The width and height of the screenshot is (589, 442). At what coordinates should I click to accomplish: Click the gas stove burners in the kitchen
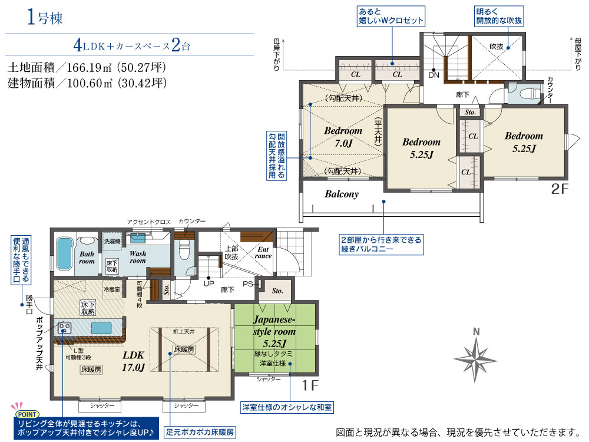click(x=65, y=328)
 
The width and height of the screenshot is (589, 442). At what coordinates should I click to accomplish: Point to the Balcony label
click(x=342, y=194)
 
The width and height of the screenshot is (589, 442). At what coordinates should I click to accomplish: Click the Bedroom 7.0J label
click(x=343, y=137)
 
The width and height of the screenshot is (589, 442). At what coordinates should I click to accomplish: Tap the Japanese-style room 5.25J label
click(x=274, y=331)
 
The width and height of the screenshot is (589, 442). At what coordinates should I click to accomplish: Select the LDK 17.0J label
click(x=133, y=361)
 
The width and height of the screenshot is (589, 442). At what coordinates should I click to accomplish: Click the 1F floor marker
click(x=310, y=385)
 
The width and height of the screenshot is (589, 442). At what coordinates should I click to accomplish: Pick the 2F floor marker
click(x=560, y=189)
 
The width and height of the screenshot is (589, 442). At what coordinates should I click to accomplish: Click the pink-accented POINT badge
click(x=27, y=414)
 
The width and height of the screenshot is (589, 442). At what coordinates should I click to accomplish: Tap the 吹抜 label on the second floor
click(x=496, y=47)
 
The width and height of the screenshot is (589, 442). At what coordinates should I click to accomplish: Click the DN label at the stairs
click(x=434, y=75)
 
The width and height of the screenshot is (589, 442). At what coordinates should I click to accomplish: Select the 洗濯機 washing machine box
click(x=112, y=242)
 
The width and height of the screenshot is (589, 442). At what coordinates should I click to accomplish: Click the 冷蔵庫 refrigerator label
click(x=112, y=289)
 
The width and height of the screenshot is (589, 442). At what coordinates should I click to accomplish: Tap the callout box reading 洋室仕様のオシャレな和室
click(x=287, y=407)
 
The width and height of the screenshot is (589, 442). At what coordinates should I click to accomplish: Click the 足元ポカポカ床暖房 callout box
click(x=200, y=432)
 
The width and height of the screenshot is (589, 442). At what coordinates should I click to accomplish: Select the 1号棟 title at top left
click(x=45, y=18)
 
